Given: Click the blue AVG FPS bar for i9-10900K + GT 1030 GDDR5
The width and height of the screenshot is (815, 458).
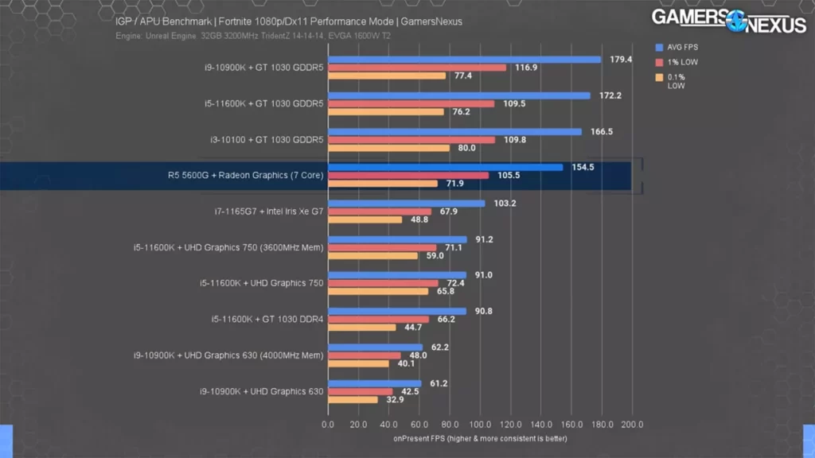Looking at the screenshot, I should (x=464, y=60).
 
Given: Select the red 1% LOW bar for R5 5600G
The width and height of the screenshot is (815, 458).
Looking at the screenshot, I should (x=408, y=176).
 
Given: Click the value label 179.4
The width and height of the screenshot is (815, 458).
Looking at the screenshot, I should (x=621, y=60).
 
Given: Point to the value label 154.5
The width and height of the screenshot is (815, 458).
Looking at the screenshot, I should (x=583, y=167).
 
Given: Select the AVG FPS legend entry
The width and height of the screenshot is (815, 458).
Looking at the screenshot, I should (x=681, y=47).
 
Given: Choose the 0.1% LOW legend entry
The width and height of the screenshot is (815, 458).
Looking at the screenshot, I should (x=676, y=81).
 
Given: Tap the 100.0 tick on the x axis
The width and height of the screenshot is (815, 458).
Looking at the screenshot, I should (x=480, y=425).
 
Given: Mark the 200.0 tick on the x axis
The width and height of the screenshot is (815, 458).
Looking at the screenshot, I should (x=632, y=425).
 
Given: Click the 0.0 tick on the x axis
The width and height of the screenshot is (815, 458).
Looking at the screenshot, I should (x=328, y=425).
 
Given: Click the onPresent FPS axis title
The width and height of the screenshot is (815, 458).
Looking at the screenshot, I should (x=480, y=438).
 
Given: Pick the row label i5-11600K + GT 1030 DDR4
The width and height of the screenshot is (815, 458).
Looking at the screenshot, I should (x=267, y=319).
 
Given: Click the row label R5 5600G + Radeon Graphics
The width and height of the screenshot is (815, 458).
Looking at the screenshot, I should (x=240, y=176).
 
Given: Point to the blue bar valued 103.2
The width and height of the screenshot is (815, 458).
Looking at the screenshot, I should (x=407, y=204).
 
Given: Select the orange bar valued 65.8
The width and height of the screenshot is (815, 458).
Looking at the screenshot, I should (x=378, y=292).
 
